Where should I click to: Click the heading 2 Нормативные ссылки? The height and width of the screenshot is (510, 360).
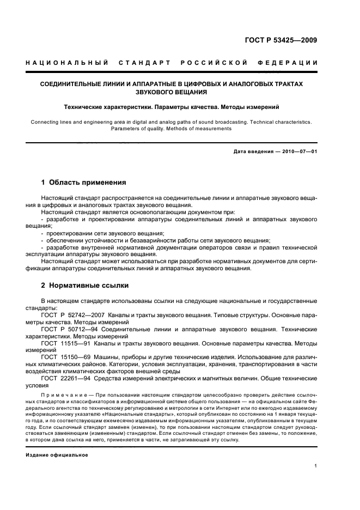(85, 285)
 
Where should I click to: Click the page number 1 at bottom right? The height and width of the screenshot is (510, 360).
(316, 466)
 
